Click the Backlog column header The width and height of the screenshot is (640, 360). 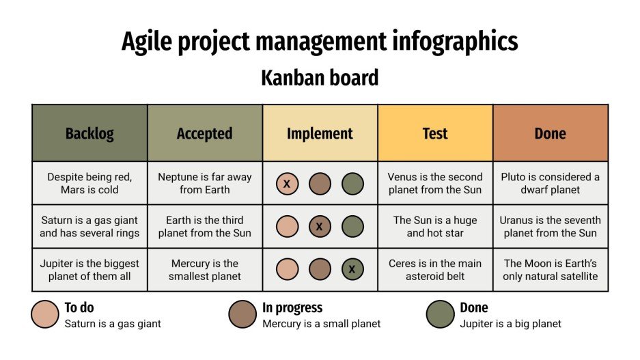tap(89, 133)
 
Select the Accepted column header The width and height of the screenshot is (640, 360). tap(204, 133)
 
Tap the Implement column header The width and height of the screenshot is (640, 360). tap(320, 133)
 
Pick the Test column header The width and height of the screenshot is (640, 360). tap(435, 133)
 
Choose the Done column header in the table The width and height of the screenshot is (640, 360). tap(550, 133)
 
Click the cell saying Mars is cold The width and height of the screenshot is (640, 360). tap(89, 183)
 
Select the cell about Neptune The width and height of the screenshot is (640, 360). tap(204, 183)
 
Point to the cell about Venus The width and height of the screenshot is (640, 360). tap(435, 183)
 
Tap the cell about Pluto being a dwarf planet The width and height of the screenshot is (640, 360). tap(550, 183)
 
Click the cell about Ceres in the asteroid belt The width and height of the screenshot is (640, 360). tap(435, 270)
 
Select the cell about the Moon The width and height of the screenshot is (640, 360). tap(550, 270)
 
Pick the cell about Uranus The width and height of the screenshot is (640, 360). tap(550, 226)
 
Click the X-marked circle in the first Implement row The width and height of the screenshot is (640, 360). tap(288, 184)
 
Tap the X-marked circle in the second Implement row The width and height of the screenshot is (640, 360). tap(320, 227)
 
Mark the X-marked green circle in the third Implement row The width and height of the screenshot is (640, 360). tap(352, 269)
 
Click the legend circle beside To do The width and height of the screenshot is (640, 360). tap(44, 314)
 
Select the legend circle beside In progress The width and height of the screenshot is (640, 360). tap(242, 314)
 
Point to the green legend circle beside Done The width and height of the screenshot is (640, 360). tap(440, 314)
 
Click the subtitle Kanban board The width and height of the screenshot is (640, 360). tap(320, 78)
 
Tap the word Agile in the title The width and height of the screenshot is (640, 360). tap(145, 42)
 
